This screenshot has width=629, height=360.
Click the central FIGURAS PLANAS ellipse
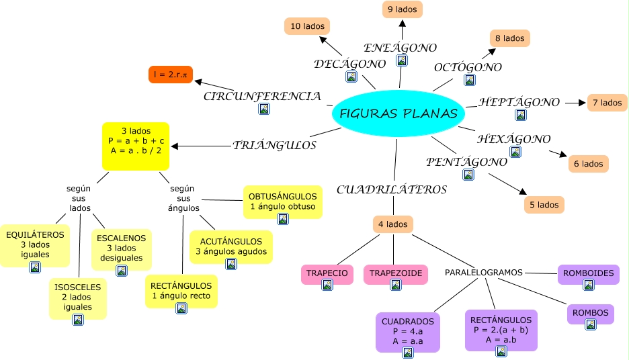(x=399, y=114)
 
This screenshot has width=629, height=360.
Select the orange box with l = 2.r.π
(x=171, y=75)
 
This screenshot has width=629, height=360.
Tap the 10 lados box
(x=307, y=27)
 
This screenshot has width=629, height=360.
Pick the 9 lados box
(x=402, y=9)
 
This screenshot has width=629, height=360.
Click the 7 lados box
(x=607, y=103)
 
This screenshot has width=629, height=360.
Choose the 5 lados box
(x=544, y=205)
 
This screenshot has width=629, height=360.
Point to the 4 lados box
(x=393, y=224)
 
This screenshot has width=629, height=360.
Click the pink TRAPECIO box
(x=327, y=275)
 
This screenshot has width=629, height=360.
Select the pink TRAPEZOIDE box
(x=396, y=275)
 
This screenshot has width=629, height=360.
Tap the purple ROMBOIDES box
(x=589, y=275)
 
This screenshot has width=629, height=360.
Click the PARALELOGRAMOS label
(x=484, y=273)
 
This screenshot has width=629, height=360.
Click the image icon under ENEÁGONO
(x=402, y=60)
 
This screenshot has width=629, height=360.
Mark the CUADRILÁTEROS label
(x=392, y=189)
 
